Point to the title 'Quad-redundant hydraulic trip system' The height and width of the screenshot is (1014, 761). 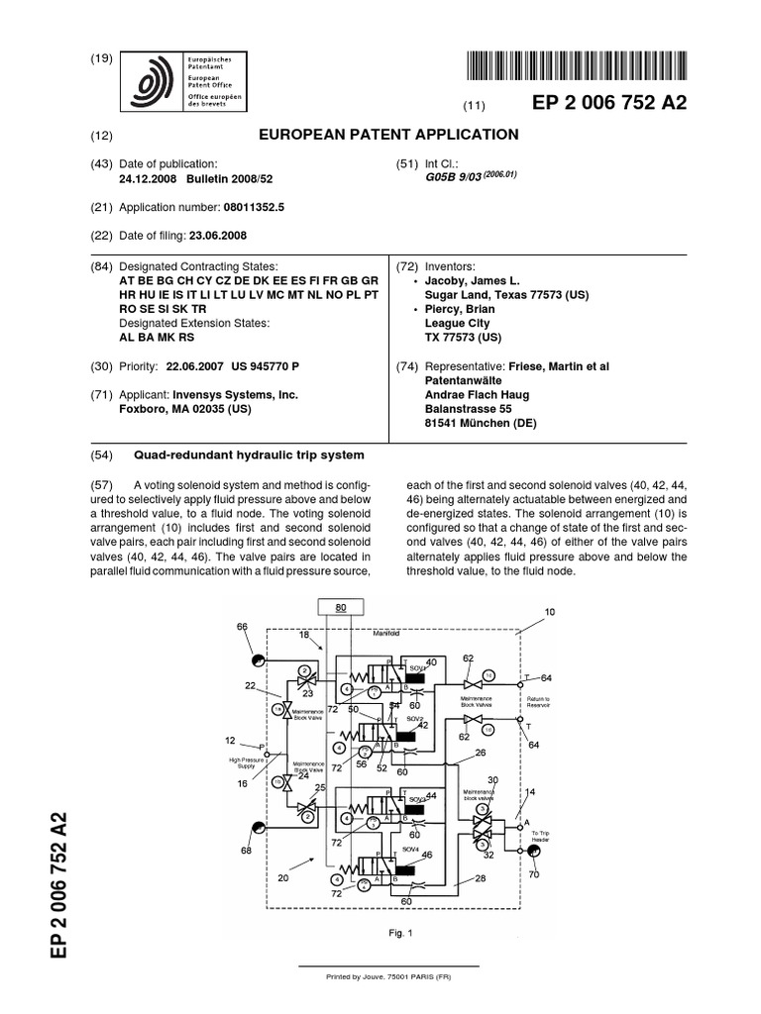point(249,455)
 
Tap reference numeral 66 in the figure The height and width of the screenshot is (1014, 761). point(242,627)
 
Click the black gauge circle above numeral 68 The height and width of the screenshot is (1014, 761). point(257,828)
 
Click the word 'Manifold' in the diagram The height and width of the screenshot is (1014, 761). point(386,632)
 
